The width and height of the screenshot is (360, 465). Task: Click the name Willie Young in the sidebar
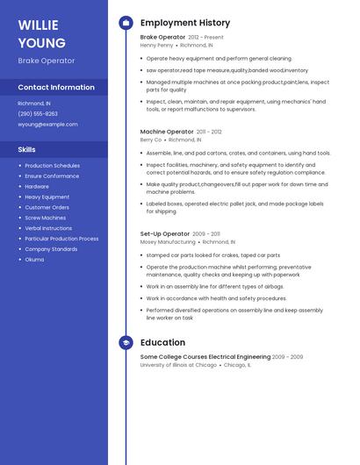pos(41,33)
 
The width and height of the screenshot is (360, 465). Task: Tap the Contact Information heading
pos(56,87)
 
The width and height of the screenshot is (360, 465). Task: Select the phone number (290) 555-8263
pos(38,113)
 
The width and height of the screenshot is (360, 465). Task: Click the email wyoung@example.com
pos(48,124)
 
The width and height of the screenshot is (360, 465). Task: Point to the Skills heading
pos(27,149)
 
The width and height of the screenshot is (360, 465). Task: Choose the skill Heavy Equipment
pos(47,197)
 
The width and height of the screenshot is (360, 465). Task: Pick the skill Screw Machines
pos(46,218)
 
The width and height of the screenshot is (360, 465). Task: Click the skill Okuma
pos(34,260)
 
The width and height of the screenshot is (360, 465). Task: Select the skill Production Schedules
pos(53,165)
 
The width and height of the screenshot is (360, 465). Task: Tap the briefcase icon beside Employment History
pos(126,23)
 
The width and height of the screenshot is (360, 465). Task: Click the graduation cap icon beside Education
pos(126,342)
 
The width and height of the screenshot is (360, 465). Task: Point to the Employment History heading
pos(185,23)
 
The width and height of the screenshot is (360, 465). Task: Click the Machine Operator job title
pos(167,132)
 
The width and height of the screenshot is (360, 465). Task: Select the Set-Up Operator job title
pos(165,233)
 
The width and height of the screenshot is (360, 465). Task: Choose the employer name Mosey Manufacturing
pos(168,241)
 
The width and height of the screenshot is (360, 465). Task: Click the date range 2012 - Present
pos(205,37)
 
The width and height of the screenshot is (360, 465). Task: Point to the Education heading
pos(162,342)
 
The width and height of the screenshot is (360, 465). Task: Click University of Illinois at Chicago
pos(178,365)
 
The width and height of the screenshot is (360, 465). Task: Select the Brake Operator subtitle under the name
pos(47,61)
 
